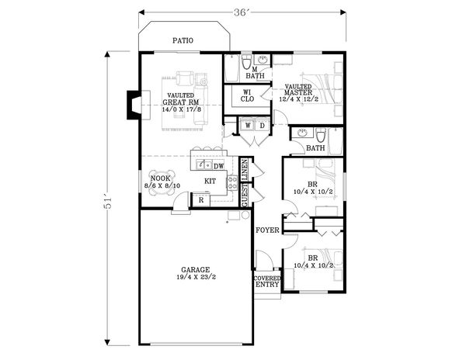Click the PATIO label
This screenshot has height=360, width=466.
[183, 40]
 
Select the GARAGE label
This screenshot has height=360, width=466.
[196, 270]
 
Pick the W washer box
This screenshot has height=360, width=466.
[247, 125]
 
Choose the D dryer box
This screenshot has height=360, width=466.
[262, 125]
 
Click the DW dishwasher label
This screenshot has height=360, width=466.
[219, 165]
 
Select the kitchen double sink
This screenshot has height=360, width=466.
[205, 164]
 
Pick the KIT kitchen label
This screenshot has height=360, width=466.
[210, 182]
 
